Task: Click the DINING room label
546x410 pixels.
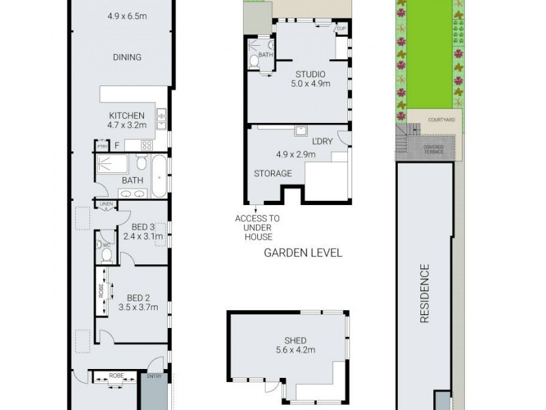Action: (127, 57)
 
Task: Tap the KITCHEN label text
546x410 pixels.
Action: (127, 115)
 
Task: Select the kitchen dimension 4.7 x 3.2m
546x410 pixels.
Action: (127, 125)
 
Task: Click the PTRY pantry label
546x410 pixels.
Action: (102, 146)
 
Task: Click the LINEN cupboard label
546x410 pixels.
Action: (105, 204)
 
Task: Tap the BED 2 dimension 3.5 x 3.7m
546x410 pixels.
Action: (138, 307)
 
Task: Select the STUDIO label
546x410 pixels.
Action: (310, 74)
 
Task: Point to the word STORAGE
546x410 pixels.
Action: (273, 174)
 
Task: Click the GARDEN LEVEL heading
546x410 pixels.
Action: (302, 253)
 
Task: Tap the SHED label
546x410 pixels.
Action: (296, 340)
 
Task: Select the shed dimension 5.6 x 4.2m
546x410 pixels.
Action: (296, 351)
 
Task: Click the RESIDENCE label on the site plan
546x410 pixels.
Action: (424, 293)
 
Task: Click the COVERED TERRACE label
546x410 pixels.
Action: (433, 149)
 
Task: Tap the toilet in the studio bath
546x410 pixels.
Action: (254, 61)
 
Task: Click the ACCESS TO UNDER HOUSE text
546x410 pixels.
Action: (257, 228)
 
